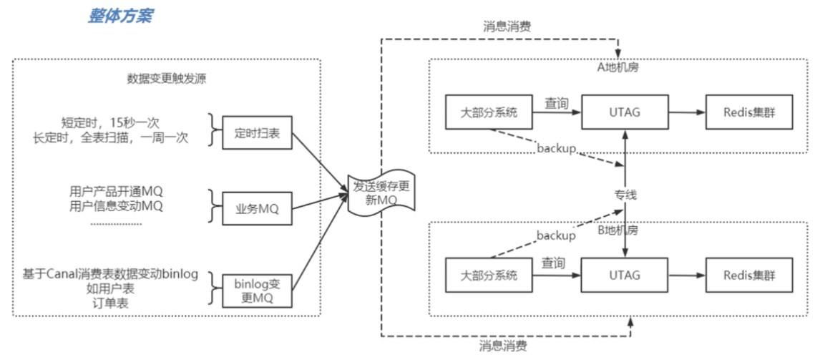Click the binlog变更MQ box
(256, 291)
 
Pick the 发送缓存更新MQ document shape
(382, 194)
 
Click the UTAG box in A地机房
(625, 112)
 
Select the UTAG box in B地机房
(625, 274)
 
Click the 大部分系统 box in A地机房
(489, 112)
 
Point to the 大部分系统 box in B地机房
(489, 274)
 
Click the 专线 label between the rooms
(625, 195)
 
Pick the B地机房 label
(618, 230)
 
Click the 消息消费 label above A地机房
(508, 27)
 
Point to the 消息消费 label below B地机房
(503, 346)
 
